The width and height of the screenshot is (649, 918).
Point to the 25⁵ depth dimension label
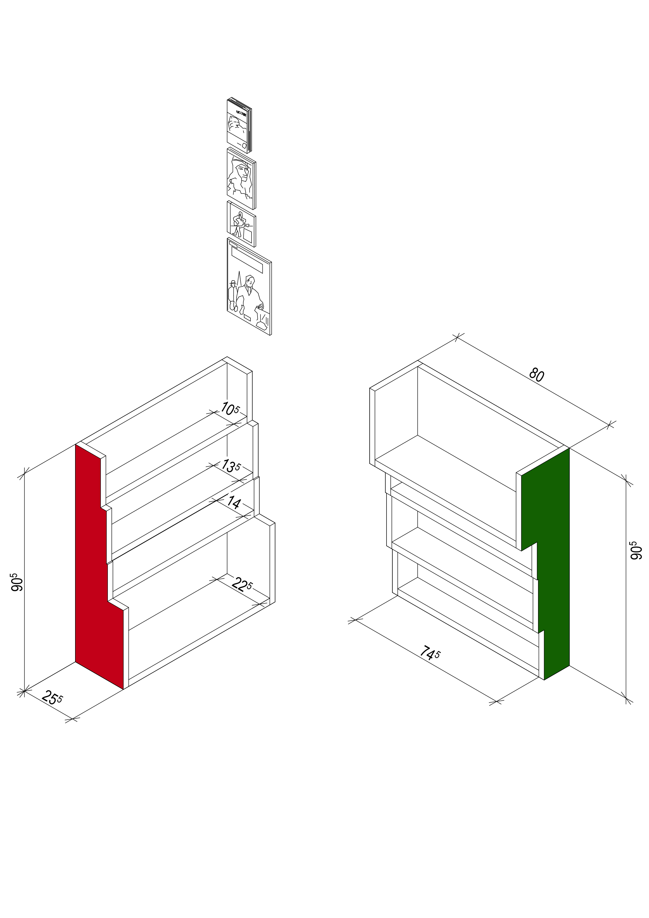tap(52, 697)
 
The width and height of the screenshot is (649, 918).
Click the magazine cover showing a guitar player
tap(241, 224)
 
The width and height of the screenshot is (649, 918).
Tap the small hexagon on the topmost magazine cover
tap(245, 145)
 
